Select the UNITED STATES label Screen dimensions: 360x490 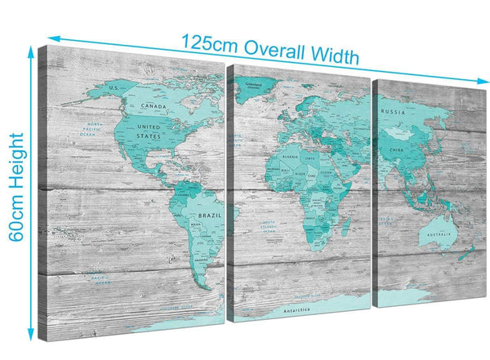[149, 132]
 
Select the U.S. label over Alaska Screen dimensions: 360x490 [114, 87]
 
